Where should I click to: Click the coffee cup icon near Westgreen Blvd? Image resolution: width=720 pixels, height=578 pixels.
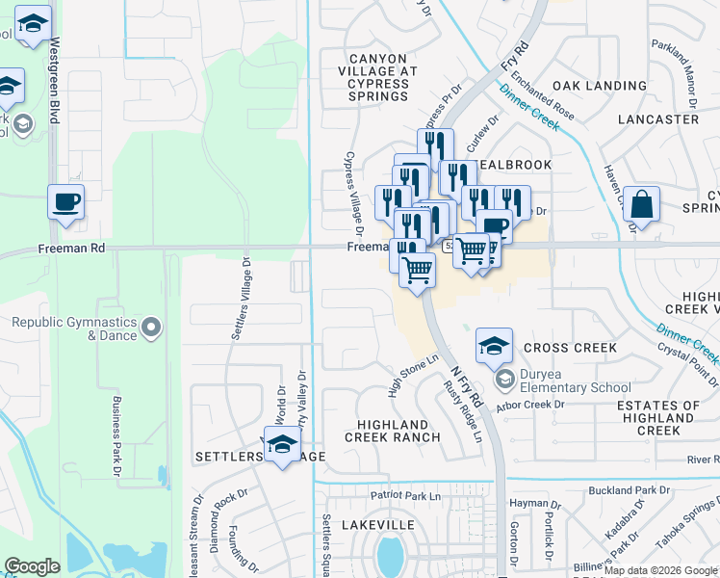click(x=66, y=202)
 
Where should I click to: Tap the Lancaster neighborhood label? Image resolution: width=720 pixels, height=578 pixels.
click(x=658, y=119)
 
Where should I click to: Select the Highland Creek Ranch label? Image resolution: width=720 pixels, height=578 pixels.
click(x=399, y=431)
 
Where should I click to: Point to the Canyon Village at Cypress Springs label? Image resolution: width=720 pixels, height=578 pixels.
click(x=378, y=77)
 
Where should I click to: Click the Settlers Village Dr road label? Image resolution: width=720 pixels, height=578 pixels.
click(x=238, y=299)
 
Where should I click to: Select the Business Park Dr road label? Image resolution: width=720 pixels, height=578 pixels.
click(x=117, y=434)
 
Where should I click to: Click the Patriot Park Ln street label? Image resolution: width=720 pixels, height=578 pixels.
click(x=405, y=495)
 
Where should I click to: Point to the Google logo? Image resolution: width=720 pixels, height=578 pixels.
click(x=33, y=566)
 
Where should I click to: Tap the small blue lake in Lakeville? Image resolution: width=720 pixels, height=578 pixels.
click(x=390, y=555)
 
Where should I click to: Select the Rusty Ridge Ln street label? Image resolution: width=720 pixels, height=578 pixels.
click(x=462, y=411)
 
